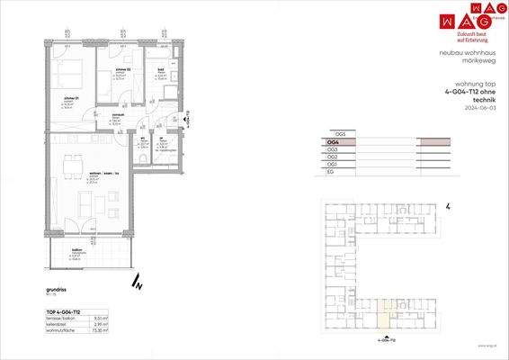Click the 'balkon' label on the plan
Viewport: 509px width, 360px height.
(x=79, y=251)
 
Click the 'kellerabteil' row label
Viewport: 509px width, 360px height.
(x=58, y=325)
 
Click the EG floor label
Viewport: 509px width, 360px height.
(x=331, y=173)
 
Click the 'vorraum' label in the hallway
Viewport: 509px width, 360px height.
(x=117, y=115)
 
